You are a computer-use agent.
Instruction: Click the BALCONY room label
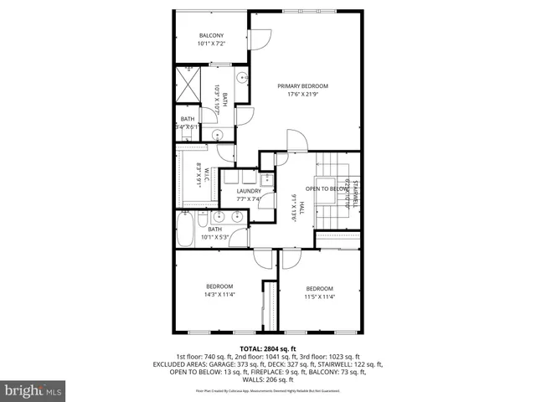[210, 34]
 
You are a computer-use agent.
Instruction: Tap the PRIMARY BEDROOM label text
[303, 86]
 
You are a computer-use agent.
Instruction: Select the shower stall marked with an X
[190, 85]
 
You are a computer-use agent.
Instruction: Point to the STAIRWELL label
[355, 192]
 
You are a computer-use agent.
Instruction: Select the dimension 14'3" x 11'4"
[220, 294]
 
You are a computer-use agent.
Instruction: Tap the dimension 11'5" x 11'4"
[319, 296]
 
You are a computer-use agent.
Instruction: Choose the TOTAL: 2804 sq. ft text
[268, 348]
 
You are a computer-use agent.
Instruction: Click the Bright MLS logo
[33, 390]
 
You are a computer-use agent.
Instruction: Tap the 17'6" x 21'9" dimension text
[303, 95]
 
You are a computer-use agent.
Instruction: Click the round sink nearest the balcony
[240, 78]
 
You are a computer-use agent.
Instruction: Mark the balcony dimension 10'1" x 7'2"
[210, 43]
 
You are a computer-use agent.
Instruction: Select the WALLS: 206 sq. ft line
[268, 379]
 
